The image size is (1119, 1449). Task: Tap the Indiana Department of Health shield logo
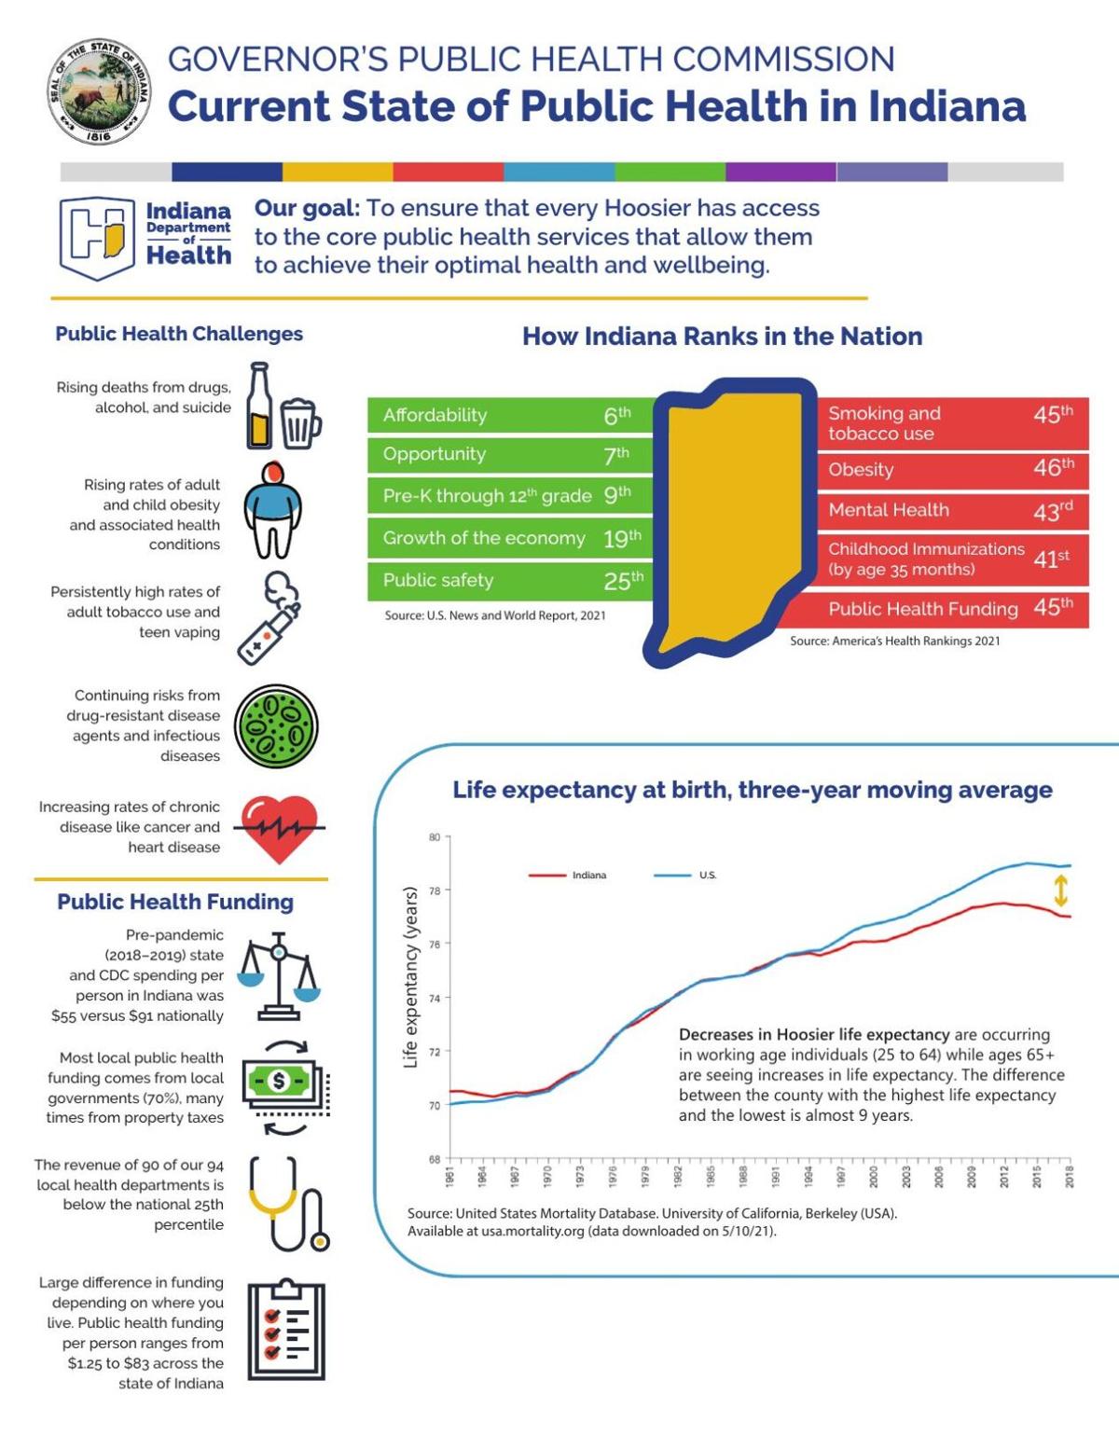click(x=97, y=238)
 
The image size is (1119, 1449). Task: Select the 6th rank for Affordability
click(x=616, y=416)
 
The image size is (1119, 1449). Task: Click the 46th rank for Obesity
click(x=1053, y=468)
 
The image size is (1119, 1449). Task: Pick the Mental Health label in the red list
click(x=888, y=510)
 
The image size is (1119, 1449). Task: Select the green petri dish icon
click(x=277, y=726)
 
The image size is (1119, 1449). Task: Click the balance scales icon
click(x=278, y=975)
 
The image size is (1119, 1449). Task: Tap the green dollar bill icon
click(x=280, y=1083)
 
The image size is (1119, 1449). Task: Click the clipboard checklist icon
click(x=286, y=1331)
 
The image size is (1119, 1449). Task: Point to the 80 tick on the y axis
click(x=435, y=837)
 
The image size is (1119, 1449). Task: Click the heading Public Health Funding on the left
click(x=175, y=902)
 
